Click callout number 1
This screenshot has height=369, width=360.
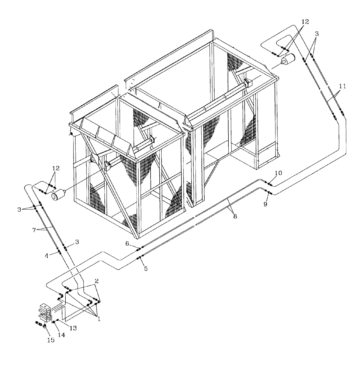tap(98, 319)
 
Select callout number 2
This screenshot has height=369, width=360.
tap(97, 281)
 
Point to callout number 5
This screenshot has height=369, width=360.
tap(145, 269)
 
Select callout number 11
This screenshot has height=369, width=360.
tap(342, 86)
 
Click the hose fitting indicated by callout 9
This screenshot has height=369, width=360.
tap(268, 192)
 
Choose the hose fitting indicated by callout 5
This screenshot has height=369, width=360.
tap(139, 258)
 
